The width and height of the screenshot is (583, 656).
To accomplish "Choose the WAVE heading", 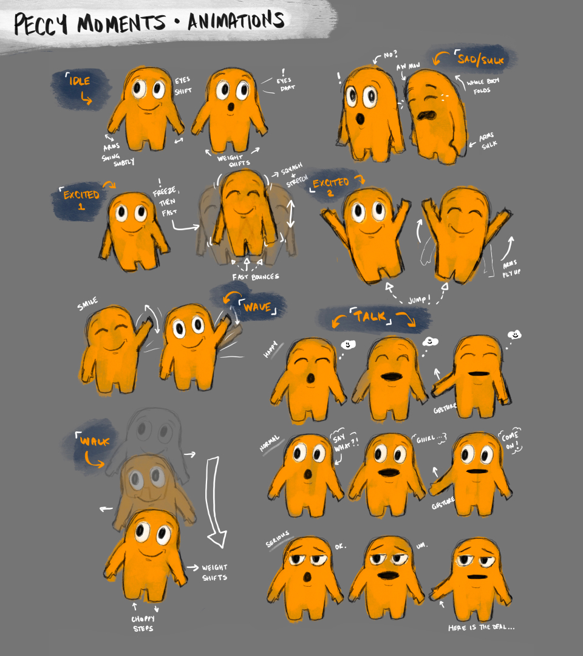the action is pos(257,307).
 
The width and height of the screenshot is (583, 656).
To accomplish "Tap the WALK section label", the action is pos(94,442).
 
